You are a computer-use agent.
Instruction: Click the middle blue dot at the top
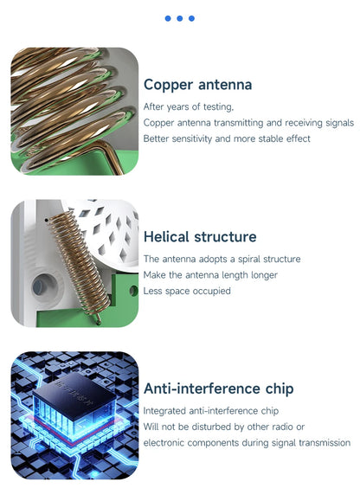coord(179,18)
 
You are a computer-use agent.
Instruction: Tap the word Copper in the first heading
coord(169,85)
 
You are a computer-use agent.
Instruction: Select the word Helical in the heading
coord(166,237)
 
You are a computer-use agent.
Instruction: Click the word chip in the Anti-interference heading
coord(280,389)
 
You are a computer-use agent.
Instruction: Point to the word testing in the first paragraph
coord(218,106)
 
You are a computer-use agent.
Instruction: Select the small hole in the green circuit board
coord(133,291)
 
